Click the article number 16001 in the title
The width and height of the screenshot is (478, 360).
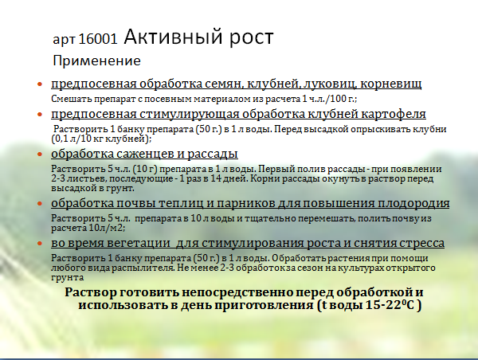point(97,39)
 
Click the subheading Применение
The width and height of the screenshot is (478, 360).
point(96,61)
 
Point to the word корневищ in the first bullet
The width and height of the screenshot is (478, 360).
point(391,84)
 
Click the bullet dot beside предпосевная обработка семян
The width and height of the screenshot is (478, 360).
point(40,84)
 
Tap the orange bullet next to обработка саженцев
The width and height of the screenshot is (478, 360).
point(40,155)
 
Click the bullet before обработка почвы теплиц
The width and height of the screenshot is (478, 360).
point(40,204)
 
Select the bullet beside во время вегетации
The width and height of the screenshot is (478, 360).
point(40,244)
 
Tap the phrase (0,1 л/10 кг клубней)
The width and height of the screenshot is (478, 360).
point(100,139)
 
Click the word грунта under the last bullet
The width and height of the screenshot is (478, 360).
point(68,278)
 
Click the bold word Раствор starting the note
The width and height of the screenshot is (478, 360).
point(91,292)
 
